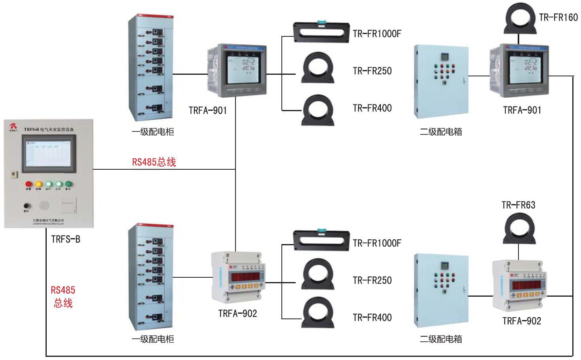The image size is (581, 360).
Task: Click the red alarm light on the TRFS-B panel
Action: pyautogui.click(x=28, y=184)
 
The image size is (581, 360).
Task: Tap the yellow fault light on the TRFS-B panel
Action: pyautogui.click(x=39, y=184)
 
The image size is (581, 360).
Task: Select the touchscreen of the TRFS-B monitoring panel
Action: pyautogui.click(x=49, y=154)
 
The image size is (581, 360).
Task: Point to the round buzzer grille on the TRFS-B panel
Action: pyautogui.click(x=45, y=205)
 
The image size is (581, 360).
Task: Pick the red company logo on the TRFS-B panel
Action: pyautogui.click(x=13, y=126)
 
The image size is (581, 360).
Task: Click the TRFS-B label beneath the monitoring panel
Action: pyautogui.click(x=66, y=239)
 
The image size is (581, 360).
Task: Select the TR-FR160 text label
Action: pyautogui.click(x=558, y=17)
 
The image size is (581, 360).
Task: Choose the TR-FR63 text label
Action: pyautogui.click(x=518, y=205)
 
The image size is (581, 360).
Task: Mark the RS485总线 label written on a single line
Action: pyautogui.click(x=154, y=162)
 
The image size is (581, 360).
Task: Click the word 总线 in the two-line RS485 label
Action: pyautogui.click(x=63, y=303)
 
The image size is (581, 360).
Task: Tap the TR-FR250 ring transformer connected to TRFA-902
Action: pyautogui.click(x=317, y=274)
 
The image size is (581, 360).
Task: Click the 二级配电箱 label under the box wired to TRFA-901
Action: pyautogui.click(x=441, y=132)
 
